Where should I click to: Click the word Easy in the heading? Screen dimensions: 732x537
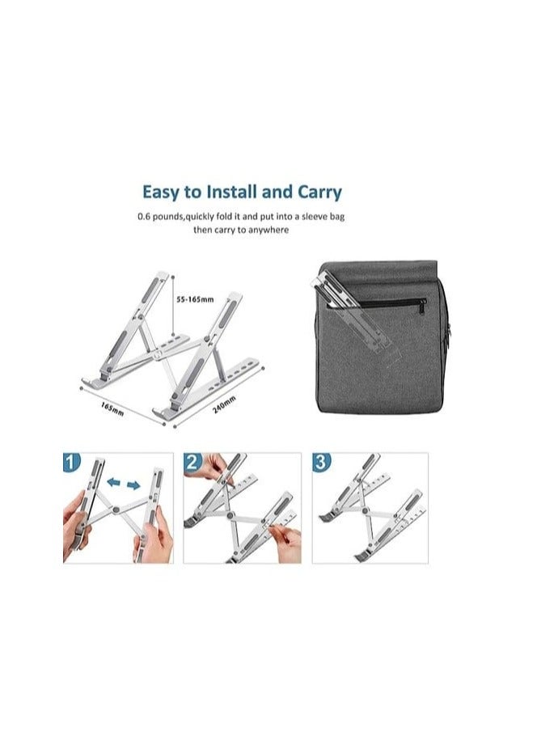(x=160, y=193)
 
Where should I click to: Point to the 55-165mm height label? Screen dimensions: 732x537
(x=194, y=299)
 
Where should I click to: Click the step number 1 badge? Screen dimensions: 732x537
(x=72, y=462)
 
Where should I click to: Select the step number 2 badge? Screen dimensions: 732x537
(x=192, y=462)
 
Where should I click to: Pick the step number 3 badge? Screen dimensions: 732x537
(x=321, y=462)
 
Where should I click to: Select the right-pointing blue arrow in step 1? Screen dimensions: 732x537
(x=133, y=485)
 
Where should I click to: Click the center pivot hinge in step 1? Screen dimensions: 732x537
(x=117, y=510)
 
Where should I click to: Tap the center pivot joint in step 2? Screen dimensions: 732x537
(x=233, y=515)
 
